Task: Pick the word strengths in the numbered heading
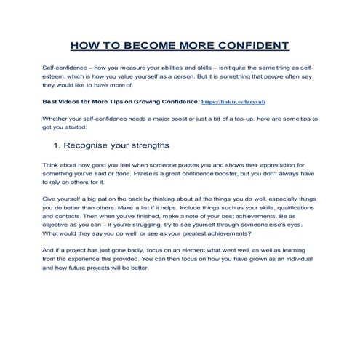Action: coord(169,145)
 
